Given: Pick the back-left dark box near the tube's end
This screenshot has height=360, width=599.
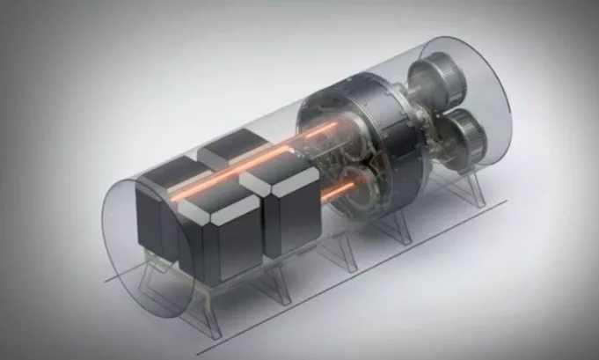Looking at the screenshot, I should (x=158, y=207).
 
